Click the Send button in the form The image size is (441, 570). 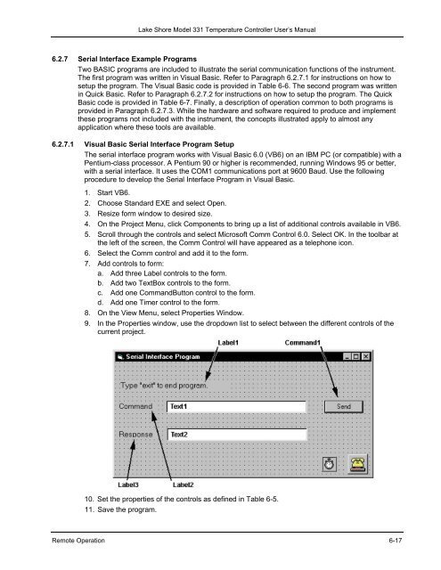coord(343,406)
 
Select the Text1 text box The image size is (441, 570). coord(236,406)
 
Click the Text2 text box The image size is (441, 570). coord(237,435)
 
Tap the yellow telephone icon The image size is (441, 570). coord(358,464)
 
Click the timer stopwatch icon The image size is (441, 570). coord(329,464)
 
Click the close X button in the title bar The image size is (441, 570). coord(365,356)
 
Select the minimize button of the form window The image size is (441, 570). coord(347,356)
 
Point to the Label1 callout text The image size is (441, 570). coord(228,343)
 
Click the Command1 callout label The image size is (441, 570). coord(303,343)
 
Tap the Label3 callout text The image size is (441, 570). coord(128,484)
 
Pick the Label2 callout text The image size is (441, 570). coord(183,484)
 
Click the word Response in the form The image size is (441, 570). coord(135,435)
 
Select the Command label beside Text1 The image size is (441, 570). coord(135,406)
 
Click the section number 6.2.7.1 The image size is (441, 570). coord(62,144)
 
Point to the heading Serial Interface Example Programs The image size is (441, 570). coord(137,59)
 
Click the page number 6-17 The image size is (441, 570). coord(396,541)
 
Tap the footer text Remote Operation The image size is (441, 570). coord(78,541)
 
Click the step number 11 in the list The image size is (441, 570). coord(89,509)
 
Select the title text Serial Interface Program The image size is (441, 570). coord(163,356)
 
